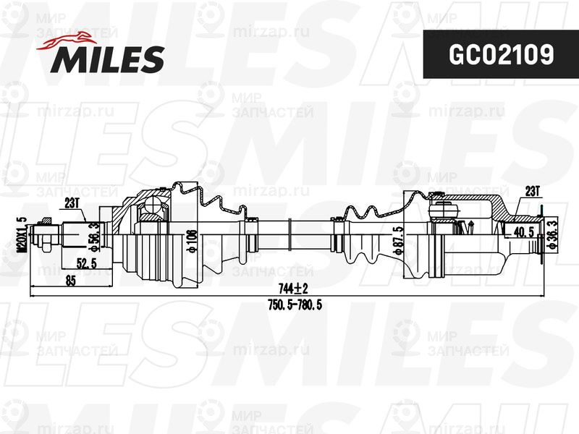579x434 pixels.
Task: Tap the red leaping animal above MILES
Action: [x=70, y=41]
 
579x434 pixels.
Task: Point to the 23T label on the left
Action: [x=72, y=203]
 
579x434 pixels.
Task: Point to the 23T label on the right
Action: [x=532, y=191]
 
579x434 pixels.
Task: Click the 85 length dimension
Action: [x=71, y=282]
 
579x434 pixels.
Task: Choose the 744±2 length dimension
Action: [x=288, y=287]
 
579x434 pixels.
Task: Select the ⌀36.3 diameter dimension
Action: [x=551, y=235]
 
